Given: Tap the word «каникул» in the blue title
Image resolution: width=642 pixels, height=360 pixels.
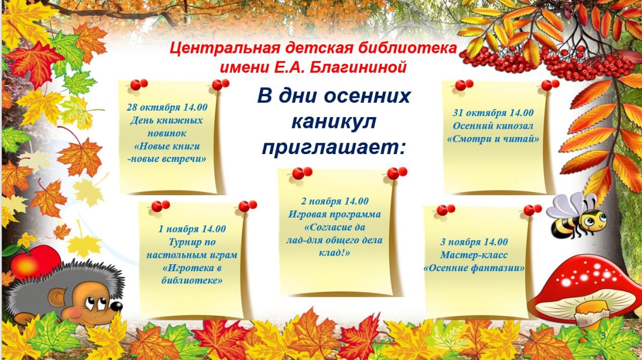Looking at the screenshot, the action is (334, 122).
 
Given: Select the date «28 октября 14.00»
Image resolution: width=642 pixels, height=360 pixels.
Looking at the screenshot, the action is (167, 108).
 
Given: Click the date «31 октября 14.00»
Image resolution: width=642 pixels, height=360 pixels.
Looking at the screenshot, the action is (493, 113).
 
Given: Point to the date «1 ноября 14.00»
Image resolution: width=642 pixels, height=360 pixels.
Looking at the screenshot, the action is (192, 229).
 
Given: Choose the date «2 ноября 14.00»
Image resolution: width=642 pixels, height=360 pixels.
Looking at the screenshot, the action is (334, 202).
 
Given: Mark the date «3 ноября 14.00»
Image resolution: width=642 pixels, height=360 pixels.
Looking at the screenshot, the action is (474, 242).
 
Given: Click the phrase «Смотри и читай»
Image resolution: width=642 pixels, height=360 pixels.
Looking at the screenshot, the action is (493, 139).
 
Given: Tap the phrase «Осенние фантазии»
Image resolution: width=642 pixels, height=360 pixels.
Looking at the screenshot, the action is (474, 269).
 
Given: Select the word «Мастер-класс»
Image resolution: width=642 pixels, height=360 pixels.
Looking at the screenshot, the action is (474, 255).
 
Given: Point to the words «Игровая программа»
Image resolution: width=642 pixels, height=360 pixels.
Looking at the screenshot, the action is (334, 215).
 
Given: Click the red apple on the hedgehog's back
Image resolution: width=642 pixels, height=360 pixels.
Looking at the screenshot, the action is (34, 262).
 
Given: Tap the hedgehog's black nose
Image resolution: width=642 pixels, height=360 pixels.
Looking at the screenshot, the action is (117, 307).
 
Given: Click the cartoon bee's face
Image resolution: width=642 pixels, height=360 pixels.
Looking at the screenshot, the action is (594, 220).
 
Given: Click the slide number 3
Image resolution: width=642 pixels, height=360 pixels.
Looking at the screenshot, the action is (603, 336).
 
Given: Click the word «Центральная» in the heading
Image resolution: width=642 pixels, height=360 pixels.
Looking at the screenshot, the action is (224, 48).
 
